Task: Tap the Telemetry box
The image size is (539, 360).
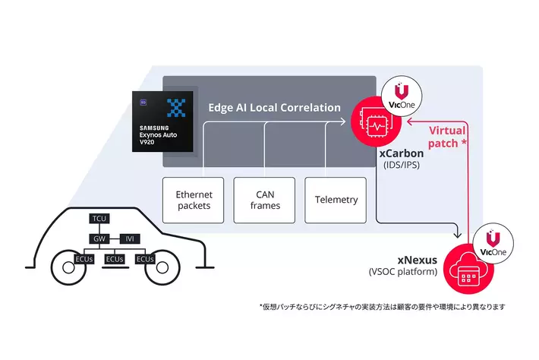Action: [335, 200]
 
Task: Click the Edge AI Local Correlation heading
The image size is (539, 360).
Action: [274, 108]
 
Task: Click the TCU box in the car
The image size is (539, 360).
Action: [99, 219]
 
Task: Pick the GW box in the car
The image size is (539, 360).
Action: [99, 238]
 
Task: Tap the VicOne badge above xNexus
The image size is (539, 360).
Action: [489, 243]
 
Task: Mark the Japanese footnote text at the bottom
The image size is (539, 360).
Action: [382, 307]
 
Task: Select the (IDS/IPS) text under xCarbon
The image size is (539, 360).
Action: [399, 166]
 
